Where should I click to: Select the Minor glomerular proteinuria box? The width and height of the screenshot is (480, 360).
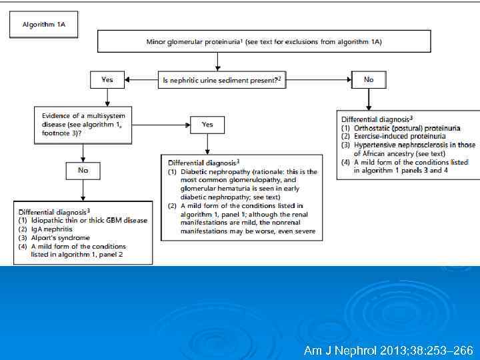(x=264, y=41)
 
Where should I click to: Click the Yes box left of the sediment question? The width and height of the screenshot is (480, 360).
(x=107, y=80)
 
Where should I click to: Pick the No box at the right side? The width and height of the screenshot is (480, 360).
(x=369, y=79)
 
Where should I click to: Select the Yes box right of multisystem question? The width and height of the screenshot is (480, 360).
(x=207, y=124)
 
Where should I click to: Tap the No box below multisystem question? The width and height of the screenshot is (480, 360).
(x=83, y=171)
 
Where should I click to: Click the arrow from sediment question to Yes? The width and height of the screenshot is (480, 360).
(x=141, y=80)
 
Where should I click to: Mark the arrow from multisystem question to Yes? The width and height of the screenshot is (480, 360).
(x=160, y=124)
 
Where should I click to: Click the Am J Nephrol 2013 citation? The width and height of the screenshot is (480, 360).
(x=387, y=350)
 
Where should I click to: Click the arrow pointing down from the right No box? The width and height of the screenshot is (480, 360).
(x=369, y=99)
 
